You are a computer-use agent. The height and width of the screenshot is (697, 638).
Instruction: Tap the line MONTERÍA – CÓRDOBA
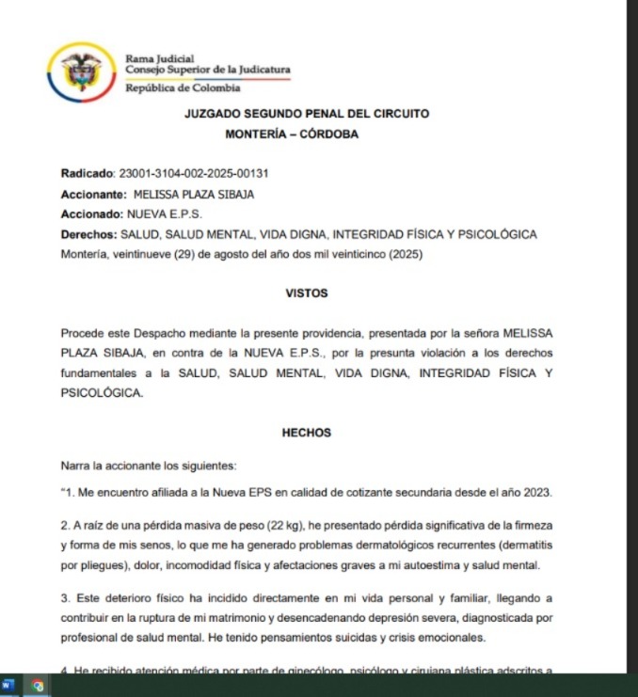pos(292,135)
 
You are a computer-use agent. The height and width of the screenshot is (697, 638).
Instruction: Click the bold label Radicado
pos(86,174)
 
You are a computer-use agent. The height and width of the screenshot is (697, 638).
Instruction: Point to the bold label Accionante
pos(93,195)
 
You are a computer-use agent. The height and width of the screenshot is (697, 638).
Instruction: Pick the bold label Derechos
pos(88,234)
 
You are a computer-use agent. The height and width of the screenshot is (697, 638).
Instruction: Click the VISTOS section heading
pos(306,293)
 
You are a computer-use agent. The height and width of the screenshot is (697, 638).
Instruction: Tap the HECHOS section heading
pos(306,434)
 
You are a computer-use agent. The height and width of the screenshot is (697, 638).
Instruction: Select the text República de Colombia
pos(183,88)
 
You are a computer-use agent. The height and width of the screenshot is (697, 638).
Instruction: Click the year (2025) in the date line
pos(406,254)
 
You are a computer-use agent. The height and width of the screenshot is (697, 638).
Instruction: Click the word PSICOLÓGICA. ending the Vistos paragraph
pos(102,393)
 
